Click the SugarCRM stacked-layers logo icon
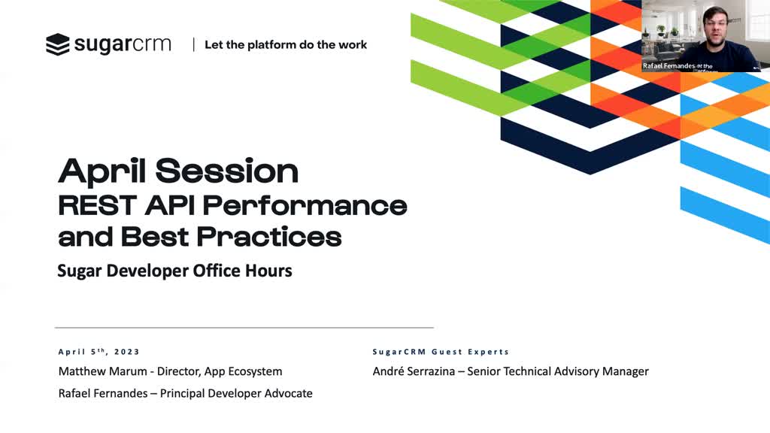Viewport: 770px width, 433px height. pyautogui.click(x=58, y=44)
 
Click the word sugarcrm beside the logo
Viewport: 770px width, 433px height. pyautogui.click(x=123, y=44)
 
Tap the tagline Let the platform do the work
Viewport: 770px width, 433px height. pyautogui.click(x=286, y=44)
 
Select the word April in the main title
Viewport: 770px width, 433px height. pyautogui.click(x=102, y=171)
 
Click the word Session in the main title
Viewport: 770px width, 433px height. pyautogui.click(x=227, y=171)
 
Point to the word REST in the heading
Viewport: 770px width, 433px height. pyautogui.click(x=97, y=205)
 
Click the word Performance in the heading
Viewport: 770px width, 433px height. pyautogui.click(x=305, y=205)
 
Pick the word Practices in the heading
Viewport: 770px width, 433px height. pyautogui.click(x=269, y=237)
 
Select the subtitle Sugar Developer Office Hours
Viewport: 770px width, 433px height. pyautogui.click(x=174, y=271)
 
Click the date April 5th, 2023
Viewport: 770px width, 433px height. pyautogui.click(x=99, y=352)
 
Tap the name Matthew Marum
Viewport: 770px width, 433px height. pyautogui.click(x=102, y=371)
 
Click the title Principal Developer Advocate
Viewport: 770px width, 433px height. pyautogui.click(x=236, y=393)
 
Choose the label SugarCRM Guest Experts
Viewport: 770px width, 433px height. pyautogui.click(x=441, y=352)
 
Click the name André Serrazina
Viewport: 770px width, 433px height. pyautogui.click(x=414, y=371)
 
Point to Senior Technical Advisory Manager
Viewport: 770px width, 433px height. pyautogui.click(x=558, y=371)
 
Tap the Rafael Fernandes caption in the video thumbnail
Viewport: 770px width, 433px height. pyautogui.click(x=668, y=66)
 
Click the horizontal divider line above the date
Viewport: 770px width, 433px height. pyautogui.click(x=244, y=328)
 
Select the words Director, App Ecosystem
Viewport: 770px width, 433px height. pyautogui.click(x=220, y=371)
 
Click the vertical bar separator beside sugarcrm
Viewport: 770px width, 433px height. pyautogui.click(x=193, y=44)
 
